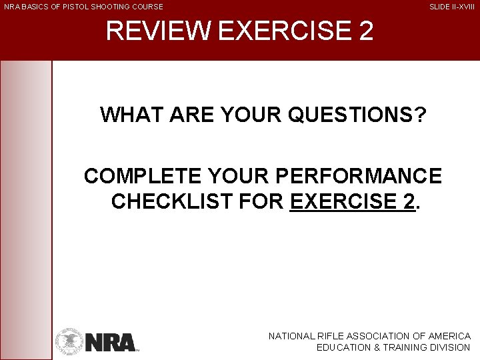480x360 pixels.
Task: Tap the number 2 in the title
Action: click(365, 31)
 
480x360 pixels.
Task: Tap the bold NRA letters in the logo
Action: click(110, 342)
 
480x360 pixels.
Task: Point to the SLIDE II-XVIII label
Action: click(452, 7)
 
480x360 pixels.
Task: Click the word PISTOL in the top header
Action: click(70, 7)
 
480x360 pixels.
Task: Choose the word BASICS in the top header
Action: click(35, 7)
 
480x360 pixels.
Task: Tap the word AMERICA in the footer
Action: click(450, 337)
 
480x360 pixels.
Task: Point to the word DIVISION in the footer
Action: click(450, 347)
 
